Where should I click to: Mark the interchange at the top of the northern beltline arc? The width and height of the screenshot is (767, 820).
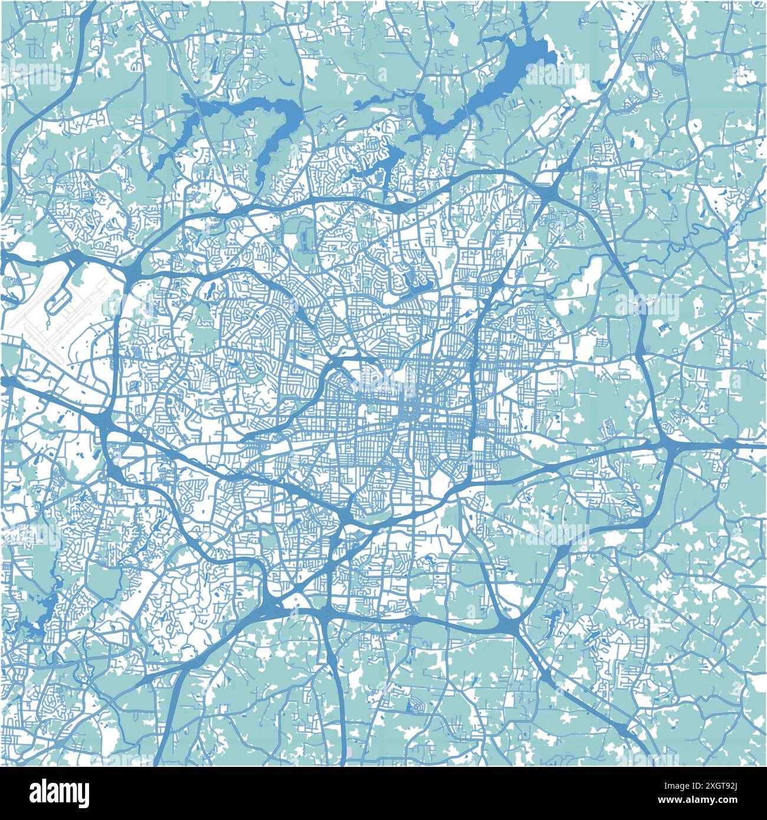click(x=396, y=208)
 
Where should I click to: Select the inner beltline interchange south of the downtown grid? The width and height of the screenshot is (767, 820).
click(x=346, y=518)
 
